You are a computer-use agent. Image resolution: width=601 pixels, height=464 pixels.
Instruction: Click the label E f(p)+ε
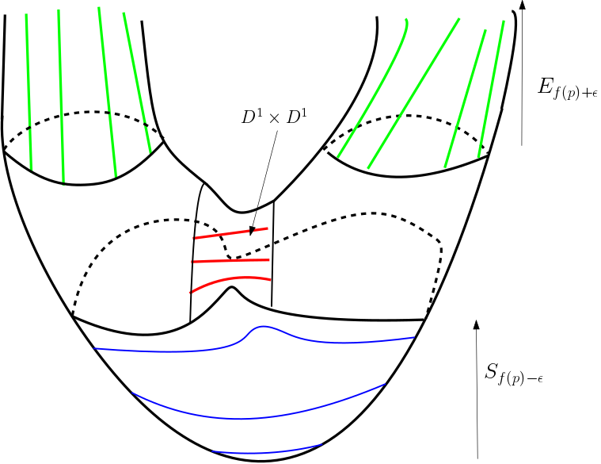[566, 89]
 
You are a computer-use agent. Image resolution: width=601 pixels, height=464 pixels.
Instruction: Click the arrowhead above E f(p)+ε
[522, 6]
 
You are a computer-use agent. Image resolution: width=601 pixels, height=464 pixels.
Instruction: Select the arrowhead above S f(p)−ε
[476, 324]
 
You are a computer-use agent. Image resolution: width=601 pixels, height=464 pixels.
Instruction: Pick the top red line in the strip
[231, 233]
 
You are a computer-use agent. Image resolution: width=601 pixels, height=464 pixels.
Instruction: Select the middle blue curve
[261, 415]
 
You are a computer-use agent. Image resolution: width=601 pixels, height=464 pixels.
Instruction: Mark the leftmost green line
[29, 87]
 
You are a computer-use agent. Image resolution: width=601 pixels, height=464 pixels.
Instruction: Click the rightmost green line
[493, 87]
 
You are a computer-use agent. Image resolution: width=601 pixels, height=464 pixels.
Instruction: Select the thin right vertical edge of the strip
[272, 254]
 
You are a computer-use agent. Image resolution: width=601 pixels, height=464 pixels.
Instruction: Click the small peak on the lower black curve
[231, 288]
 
